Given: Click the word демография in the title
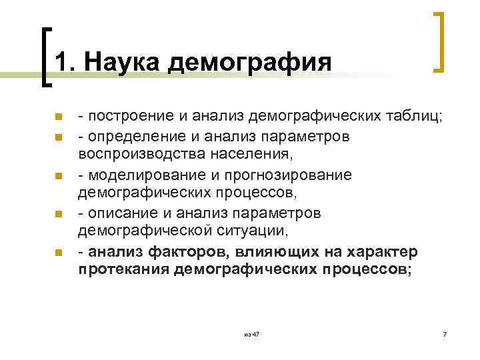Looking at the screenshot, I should click(x=251, y=63).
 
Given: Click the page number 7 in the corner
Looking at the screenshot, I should click(x=445, y=333).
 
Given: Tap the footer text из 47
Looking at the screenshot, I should click(x=251, y=333).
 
